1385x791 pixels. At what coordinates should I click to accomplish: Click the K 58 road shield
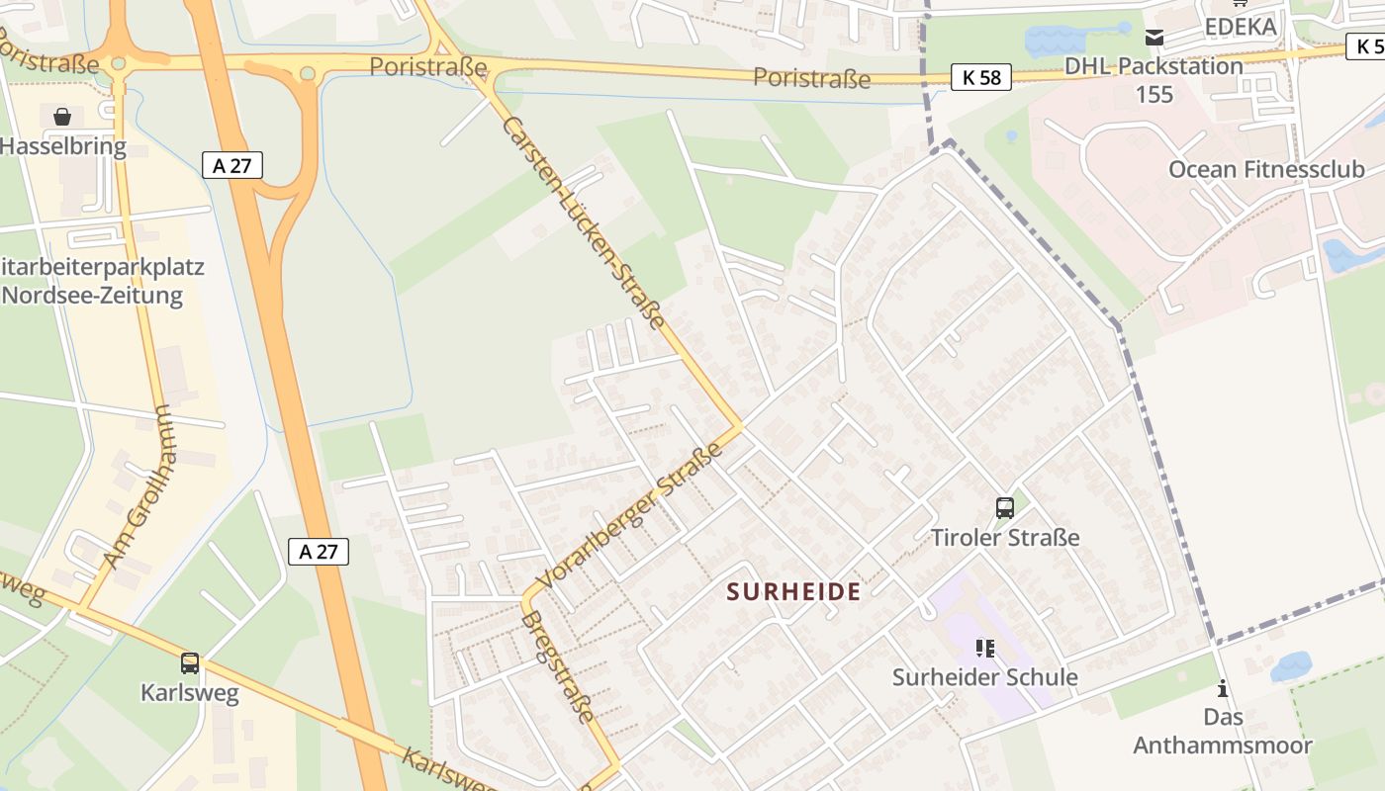(981, 77)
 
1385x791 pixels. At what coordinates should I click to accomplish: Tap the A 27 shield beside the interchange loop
(232, 165)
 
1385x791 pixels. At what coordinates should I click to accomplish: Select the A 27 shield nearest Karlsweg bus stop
(319, 552)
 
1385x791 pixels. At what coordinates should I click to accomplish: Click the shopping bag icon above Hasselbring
(62, 118)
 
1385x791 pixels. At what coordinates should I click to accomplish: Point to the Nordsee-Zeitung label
(92, 296)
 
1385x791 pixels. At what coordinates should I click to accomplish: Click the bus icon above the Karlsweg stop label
(190, 663)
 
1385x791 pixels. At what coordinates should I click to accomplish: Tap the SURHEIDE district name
(793, 592)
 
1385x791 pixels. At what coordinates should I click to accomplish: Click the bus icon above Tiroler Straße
(1005, 508)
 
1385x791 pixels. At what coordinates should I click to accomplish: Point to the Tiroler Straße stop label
(1005, 538)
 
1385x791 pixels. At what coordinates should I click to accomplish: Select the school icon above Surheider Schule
(984, 649)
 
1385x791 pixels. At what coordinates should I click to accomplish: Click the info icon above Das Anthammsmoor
(1223, 688)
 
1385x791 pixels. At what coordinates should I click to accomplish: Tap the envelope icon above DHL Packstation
(1154, 38)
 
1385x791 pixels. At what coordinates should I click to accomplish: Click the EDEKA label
(1240, 27)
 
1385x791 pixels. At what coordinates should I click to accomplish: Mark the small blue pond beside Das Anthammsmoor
(1290, 666)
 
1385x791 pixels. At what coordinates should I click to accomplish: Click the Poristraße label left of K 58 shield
(811, 78)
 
